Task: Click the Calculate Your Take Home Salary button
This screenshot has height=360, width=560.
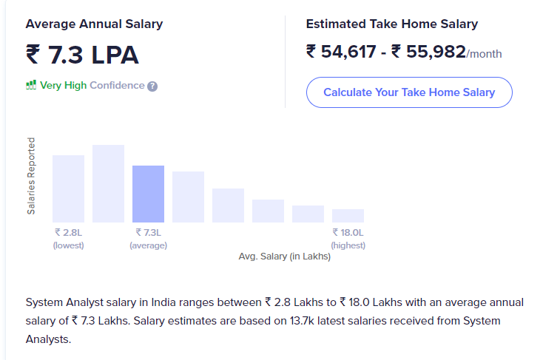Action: [x=409, y=92]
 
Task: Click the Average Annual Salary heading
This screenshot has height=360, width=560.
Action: [x=94, y=24]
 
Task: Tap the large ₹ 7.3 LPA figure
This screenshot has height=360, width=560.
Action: [x=82, y=55]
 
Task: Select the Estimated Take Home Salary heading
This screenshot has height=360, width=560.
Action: [x=391, y=24]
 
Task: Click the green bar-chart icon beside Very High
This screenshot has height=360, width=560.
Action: [x=31, y=85]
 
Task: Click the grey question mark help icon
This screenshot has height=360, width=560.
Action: [x=152, y=86]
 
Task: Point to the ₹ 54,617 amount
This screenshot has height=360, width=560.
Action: [x=343, y=52]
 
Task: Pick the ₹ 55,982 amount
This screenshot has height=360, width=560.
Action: [x=428, y=52]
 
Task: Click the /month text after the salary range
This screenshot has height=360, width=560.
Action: [x=485, y=54]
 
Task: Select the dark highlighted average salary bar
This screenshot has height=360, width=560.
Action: [x=148, y=194]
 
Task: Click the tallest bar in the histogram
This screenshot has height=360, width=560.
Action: [x=108, y=183]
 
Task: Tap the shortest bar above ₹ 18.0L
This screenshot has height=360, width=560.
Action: [x=348, y=215]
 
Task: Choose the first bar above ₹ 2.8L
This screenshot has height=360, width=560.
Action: [x=68, y=189]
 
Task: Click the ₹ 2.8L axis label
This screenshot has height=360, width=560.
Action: [x=68, y=232]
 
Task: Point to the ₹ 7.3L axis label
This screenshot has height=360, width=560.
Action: [x=148, y=232]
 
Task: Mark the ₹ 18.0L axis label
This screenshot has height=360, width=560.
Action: [x=348, y=232]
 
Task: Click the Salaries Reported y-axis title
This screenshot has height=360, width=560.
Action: [x=31, y=176]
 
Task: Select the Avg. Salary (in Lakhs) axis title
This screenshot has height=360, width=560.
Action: [x=284, y=257]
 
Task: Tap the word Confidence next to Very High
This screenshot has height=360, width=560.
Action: [x=117, y=85]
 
